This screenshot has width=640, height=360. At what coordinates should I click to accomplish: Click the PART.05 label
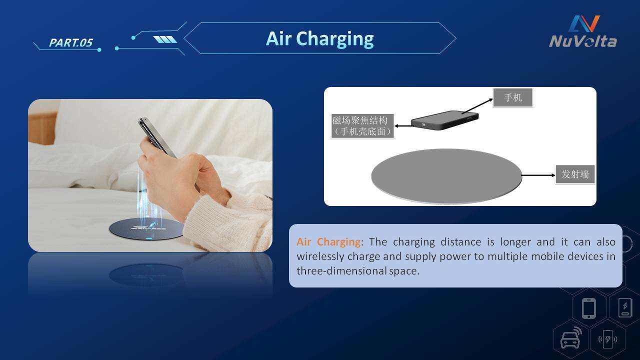tap(71, 42)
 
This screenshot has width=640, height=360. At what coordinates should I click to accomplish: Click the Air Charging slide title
tap(319, 39)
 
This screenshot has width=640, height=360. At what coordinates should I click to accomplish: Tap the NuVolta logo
tap(583, 31)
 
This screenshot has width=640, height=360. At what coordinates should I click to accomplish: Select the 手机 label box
tap(513, 97)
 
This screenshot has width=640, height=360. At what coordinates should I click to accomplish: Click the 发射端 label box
tap(575, 174)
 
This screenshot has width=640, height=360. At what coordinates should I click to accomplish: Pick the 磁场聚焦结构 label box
tap(362, 126)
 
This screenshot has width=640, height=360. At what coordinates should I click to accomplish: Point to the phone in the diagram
tap(444, 120)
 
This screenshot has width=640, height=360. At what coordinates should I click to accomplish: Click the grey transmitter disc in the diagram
tap(446, 176)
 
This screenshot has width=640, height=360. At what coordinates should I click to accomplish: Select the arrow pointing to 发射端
tap(538, 175)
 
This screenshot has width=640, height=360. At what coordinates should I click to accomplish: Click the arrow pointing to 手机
tap(477, 106)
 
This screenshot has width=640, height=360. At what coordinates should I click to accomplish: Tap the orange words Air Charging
tap(328, 242)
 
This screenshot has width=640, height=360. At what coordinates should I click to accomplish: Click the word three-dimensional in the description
tap(341, 270)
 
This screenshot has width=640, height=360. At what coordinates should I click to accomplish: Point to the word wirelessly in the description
tap(320, 256)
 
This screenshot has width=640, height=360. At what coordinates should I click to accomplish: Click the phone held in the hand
tap(157, 137)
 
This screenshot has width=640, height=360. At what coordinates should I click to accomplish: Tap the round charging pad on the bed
tap(146, 228)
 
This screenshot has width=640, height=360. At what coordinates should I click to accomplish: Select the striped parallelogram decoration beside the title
tap(165, 39)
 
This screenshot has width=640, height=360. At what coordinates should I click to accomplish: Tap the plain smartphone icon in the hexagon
tap(589, 308)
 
